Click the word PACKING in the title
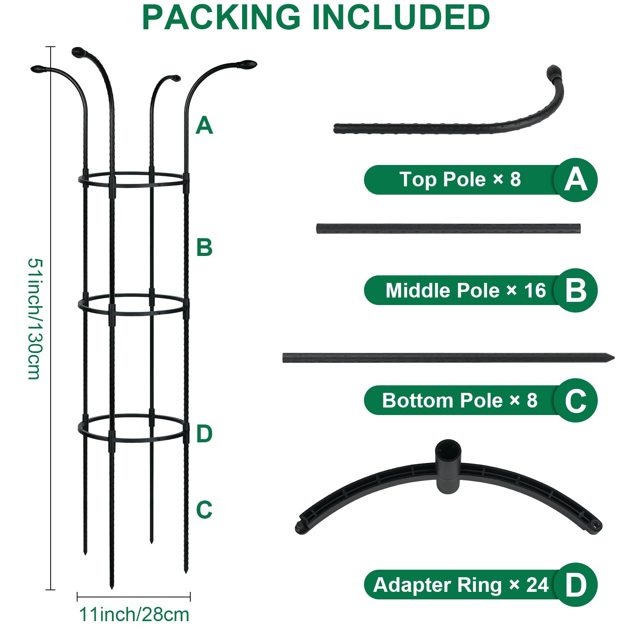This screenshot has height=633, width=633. point(222,17)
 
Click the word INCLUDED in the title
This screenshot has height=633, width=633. point(401,17)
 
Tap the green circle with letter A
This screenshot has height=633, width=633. point(576,180)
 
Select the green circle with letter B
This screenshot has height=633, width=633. point(576,290)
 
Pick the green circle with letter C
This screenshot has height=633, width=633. point(576,400)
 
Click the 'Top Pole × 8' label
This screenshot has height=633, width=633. point(460,180)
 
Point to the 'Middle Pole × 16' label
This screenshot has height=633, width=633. point(466,290)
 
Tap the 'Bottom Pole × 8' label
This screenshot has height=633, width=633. point(460,400)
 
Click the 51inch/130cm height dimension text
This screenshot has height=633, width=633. point(34,319)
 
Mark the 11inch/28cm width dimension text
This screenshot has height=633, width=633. point(134,614)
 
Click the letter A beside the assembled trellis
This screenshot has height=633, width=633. point(205,125)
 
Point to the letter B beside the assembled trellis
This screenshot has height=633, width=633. point(205,248)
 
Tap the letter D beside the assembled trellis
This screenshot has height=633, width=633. point(205,434)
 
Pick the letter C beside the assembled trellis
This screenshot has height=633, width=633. point(205,510)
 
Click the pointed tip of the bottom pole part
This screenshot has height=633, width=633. point(614,358)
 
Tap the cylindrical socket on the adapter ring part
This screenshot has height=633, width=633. point(448,466)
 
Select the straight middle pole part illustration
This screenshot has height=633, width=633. point(448,229)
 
